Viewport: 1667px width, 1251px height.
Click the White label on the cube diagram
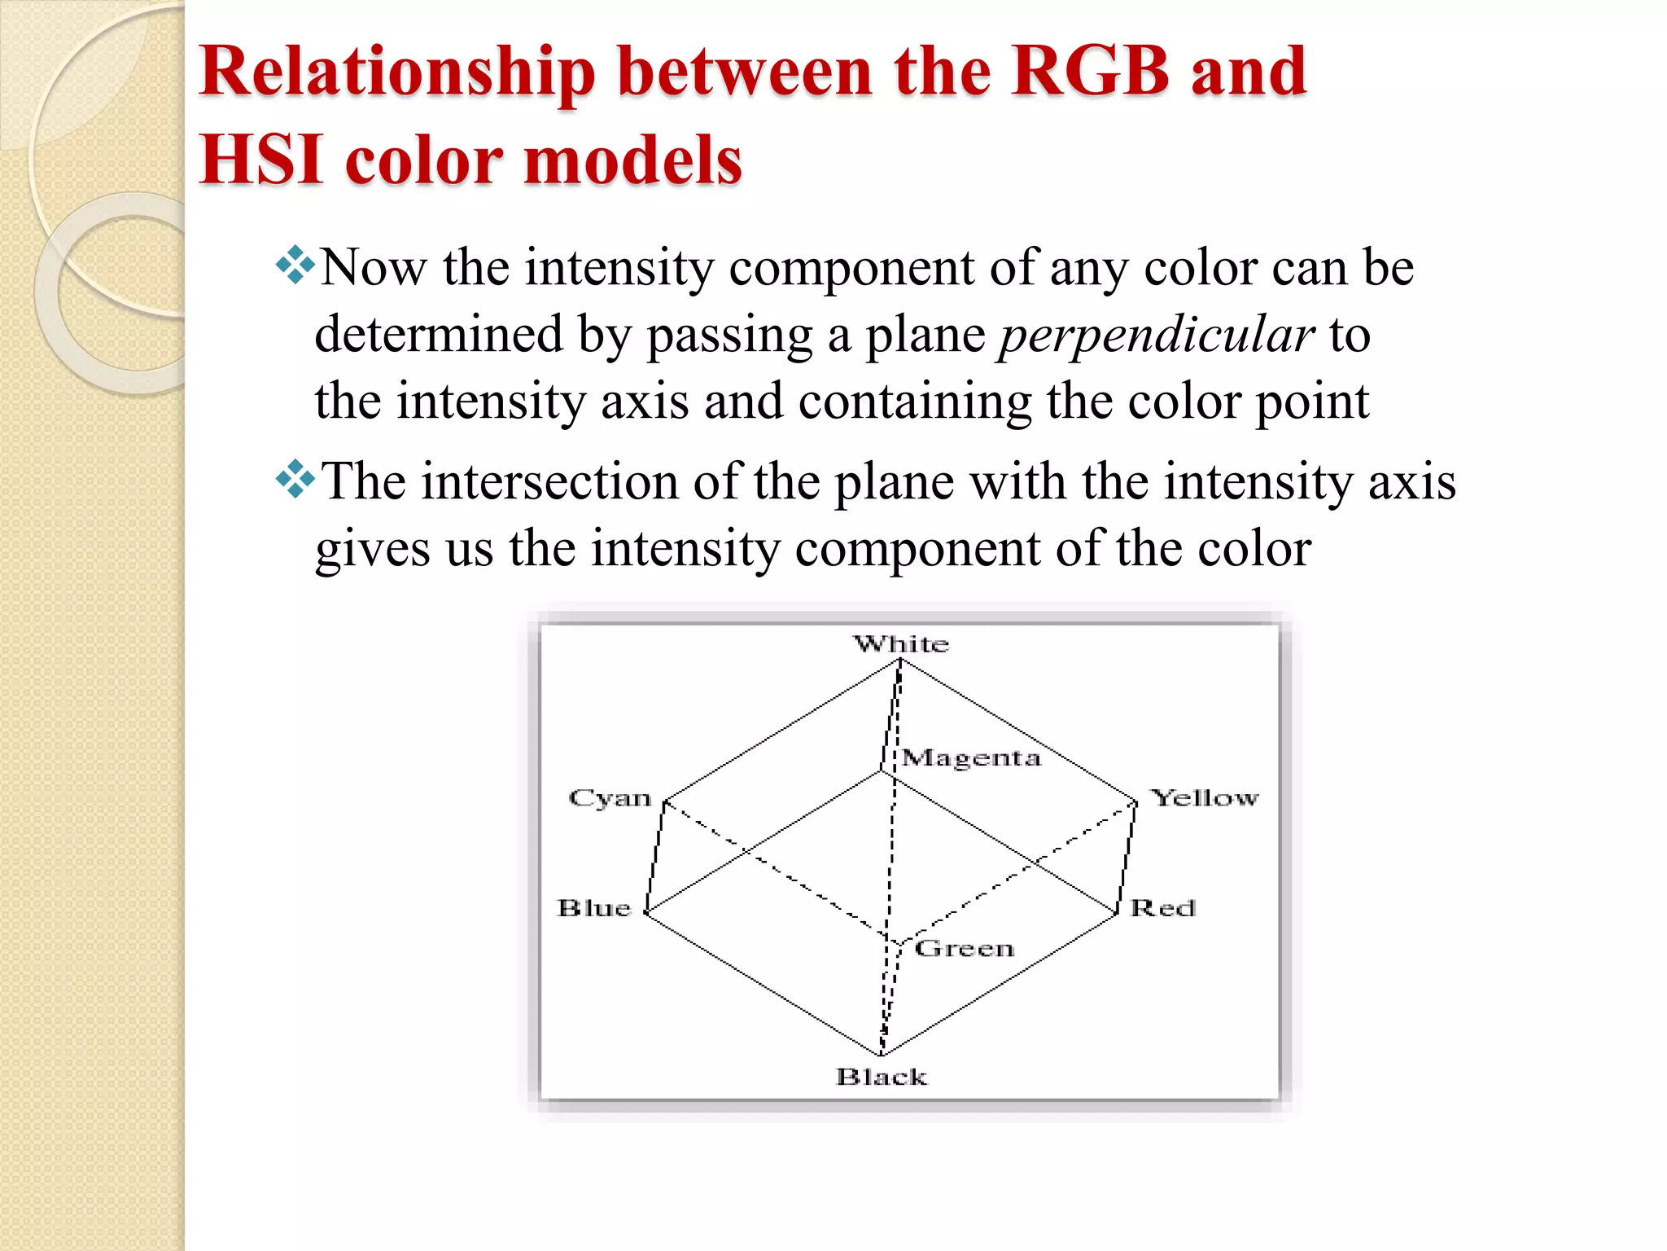[x=901, y=644]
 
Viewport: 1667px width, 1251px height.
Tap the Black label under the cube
[x=882, y=1077]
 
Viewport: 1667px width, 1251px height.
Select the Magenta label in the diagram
[x=971, y=758]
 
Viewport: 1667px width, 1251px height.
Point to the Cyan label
[x=610, y=798]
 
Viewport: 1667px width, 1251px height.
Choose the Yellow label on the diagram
[x=1205, y=798]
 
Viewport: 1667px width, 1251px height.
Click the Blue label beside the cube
[x=594, y=908]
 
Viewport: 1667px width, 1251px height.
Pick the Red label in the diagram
[x=1163, y=908]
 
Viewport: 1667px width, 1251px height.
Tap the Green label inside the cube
[x=965, y=948]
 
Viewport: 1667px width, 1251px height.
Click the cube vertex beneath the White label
[x=899, y=661]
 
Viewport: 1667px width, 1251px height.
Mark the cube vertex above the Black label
[x=882, y=1055]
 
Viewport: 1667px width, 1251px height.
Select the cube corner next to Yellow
[x=1135, y=802]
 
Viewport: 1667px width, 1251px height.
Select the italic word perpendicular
[x=1156, y=335]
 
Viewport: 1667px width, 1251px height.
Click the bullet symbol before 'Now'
[x=295, y=266]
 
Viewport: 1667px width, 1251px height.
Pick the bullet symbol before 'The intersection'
[x=295, y=479]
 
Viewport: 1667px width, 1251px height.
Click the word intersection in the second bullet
[x=549, y=481]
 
